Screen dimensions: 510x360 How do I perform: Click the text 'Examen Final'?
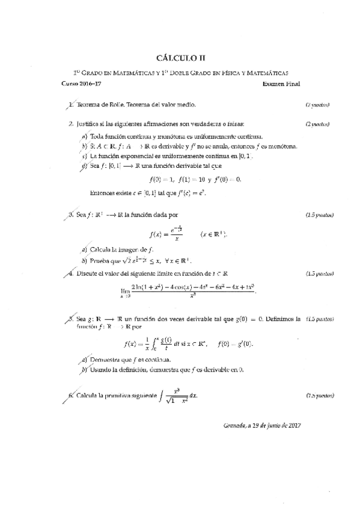281,84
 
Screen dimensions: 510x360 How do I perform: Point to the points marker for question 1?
317,105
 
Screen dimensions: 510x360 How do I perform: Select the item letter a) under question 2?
85,137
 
